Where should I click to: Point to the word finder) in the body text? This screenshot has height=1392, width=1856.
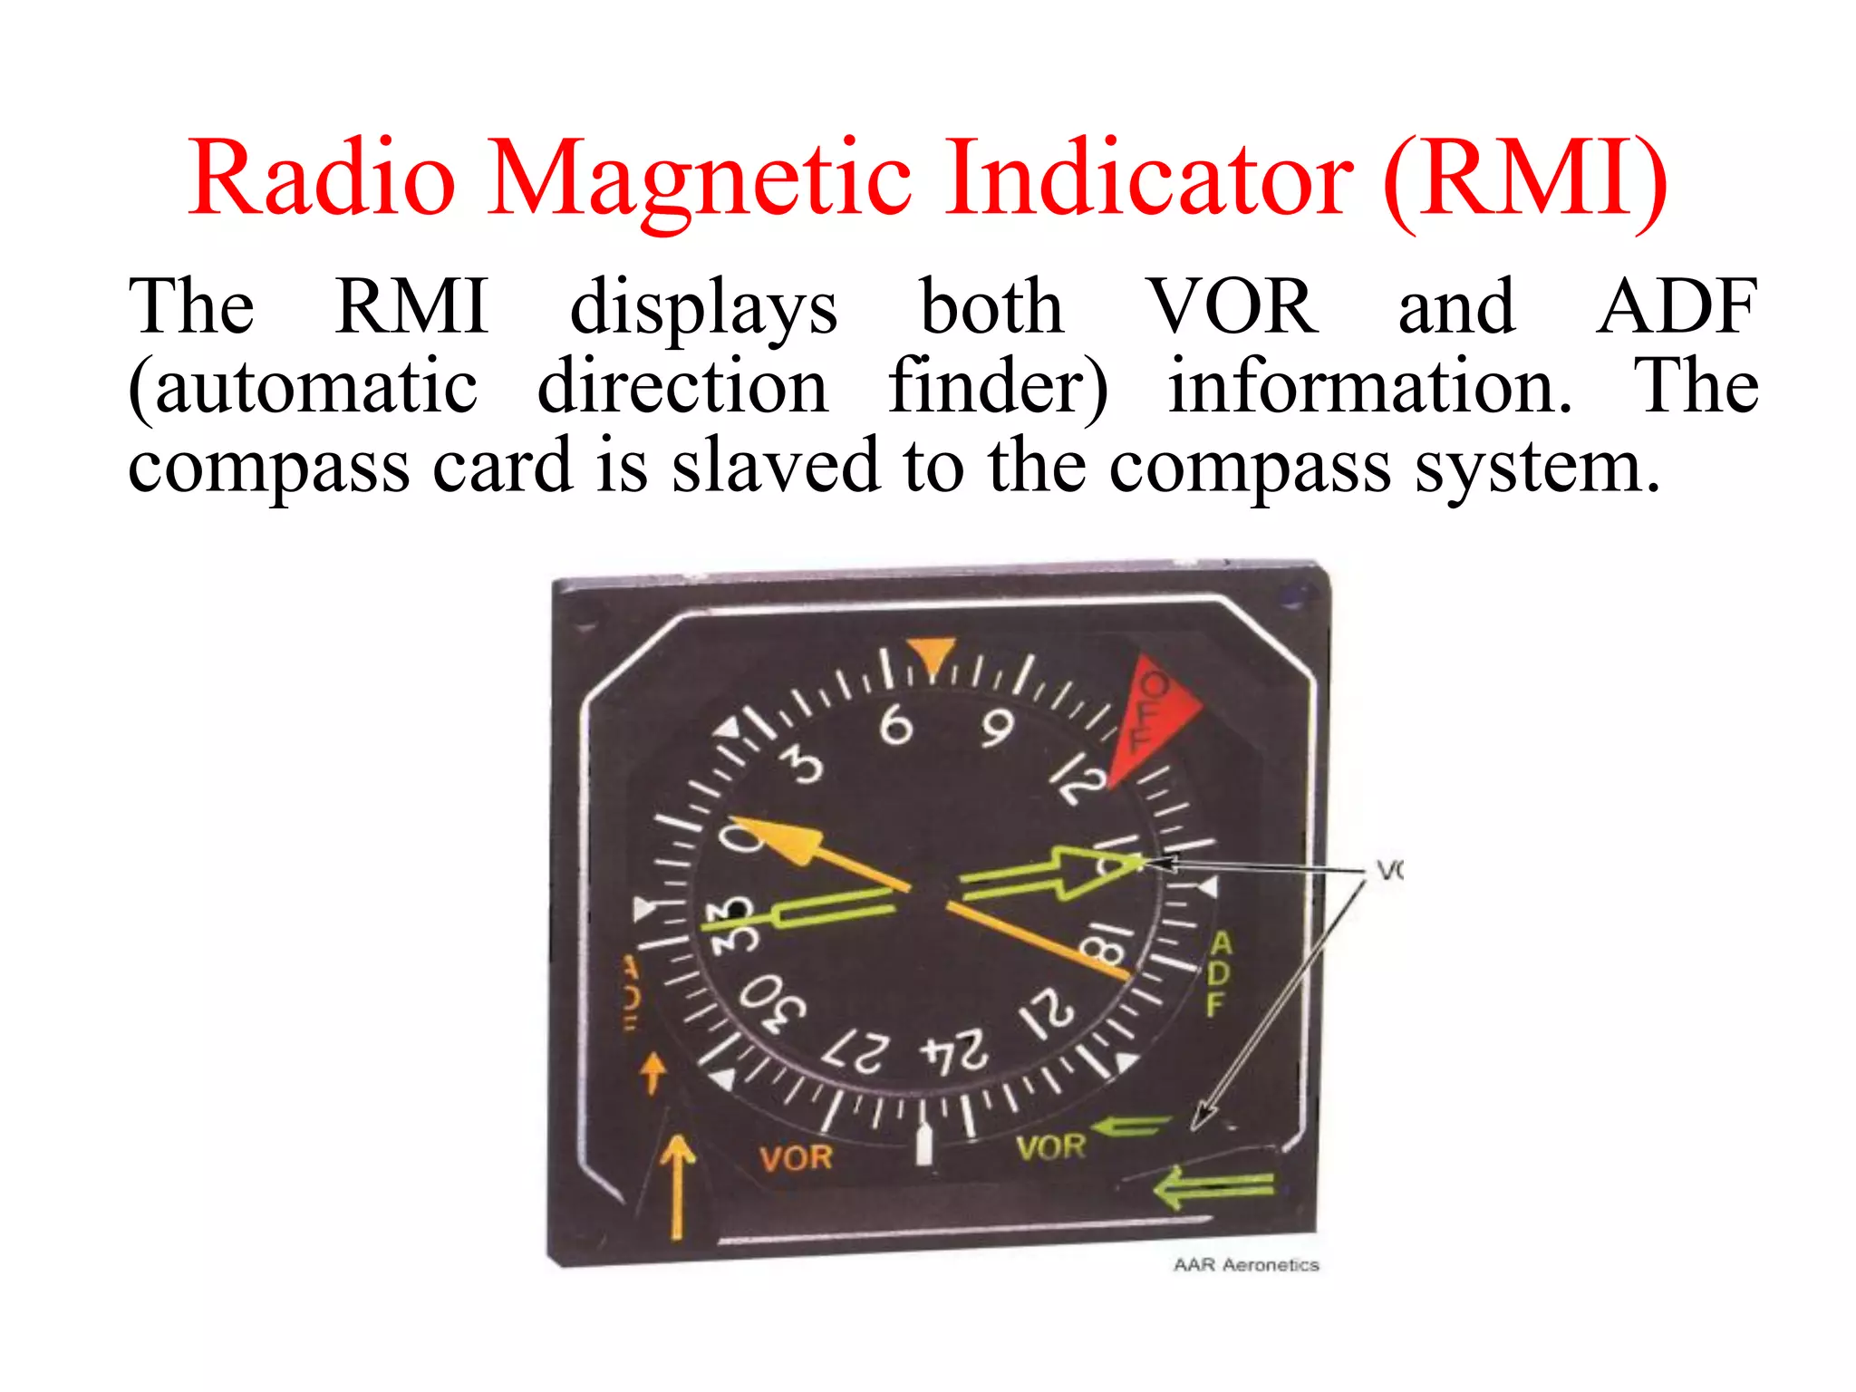click(997, 388)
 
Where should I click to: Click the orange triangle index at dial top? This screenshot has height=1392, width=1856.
click(931, 655)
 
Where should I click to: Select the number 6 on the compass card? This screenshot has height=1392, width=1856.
click(895, 724)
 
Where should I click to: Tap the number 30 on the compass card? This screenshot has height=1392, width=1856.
click(772, 1002)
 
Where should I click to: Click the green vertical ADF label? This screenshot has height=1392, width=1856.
click(1220, 973)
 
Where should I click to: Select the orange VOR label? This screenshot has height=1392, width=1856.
click(796, 1157)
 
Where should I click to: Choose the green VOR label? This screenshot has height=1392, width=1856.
click(1050, 1148)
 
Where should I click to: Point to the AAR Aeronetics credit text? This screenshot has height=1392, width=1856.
click(1245, 1264)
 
